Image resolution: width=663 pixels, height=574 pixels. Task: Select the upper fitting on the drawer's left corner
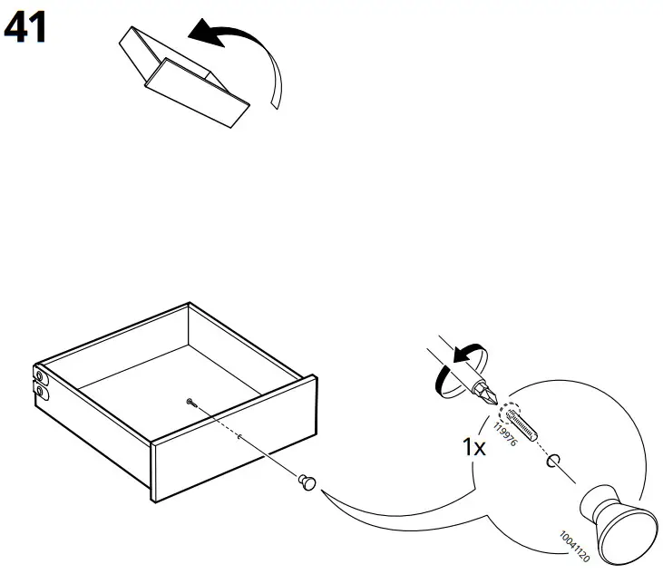[x=39, y=374]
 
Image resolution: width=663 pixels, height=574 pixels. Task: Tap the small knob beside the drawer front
[x=307, y=482]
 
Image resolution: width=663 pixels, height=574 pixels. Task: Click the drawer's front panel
[x=231, y=453]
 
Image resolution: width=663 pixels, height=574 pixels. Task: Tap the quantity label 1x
[x=473, y=448]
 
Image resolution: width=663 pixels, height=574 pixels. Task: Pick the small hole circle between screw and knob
[x=552, y=460]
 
